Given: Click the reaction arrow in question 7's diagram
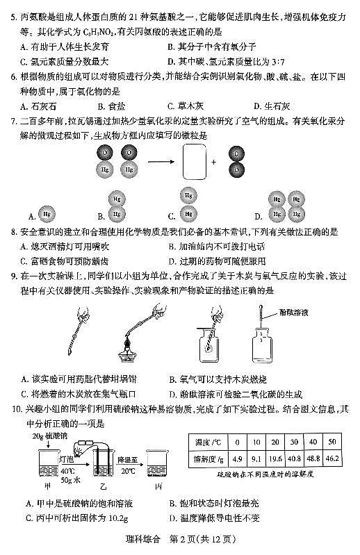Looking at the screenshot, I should click(155, 162).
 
